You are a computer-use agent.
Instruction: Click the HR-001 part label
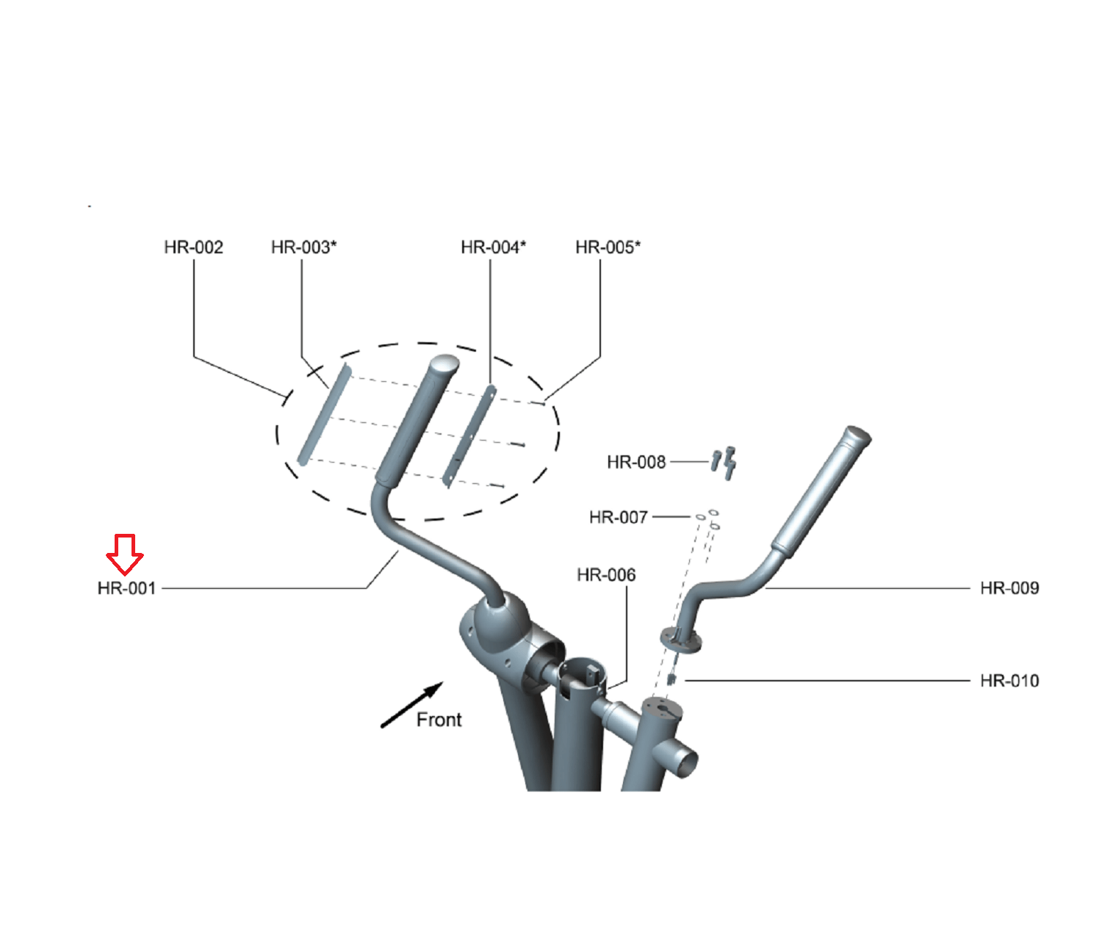pyautogui.click(x=126, y=588)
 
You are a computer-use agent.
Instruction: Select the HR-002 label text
pyautogui.click(x=193, y=247)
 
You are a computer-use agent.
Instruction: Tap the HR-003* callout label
pyautogui.click(x=303, y=247)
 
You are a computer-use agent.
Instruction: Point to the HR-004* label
pyautogui.click(x=493, y=247)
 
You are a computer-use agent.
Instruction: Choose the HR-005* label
pyautogui.click(x=608, y=247)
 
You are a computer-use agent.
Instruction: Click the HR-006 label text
pyautogui.click(x=606, y=575)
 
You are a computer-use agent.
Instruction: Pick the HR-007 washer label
pyautogui.click(x=619, y=517)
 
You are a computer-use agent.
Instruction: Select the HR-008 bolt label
pyautogui.click(x=636, y=462)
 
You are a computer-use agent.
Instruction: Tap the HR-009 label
pyautogui.click(x=1009, y=588)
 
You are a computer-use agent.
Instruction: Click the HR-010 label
pyautogui.click(x=1009, y=681)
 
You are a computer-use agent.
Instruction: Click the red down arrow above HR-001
pyautogui.click(x=125, y=554)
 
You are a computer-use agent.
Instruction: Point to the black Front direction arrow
pyautogui.click(x=411, y=705)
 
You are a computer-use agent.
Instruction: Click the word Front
pyautogui.click(x=439, y=720)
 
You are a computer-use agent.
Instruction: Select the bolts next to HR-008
pyautogui.click(x=724, y=463)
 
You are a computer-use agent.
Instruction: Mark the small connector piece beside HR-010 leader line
pyautogui.click(x=671, y=679)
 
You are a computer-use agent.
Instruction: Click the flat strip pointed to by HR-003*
pyautogui.click(x=324, y=415)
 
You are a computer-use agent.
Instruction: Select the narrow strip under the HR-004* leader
pyautogui.click(x=470, y=436)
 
